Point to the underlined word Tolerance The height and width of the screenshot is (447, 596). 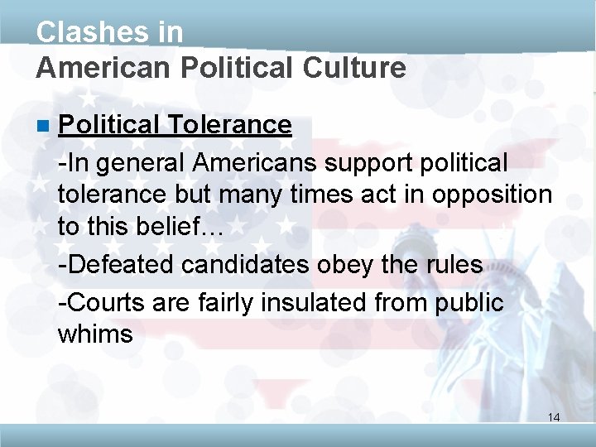(229, 125)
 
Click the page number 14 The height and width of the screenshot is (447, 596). (554, 417)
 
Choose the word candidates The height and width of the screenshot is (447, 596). (248, 265)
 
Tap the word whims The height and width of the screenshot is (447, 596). (95, 334)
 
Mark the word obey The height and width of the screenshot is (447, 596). (353, 265)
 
